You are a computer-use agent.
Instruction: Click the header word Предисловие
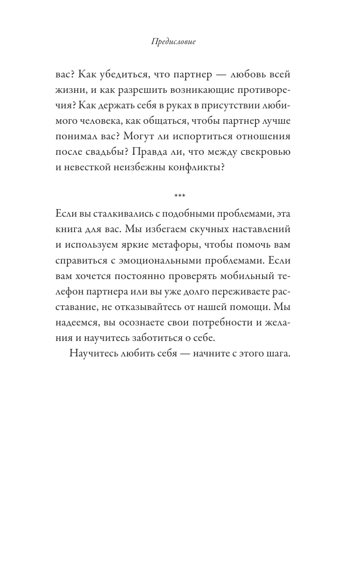click(173, 42)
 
